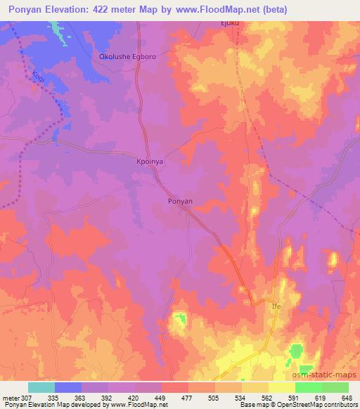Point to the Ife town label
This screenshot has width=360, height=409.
coord(276,307)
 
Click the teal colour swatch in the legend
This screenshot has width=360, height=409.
coord(41,387)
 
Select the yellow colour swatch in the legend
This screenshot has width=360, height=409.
coord(282,387)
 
